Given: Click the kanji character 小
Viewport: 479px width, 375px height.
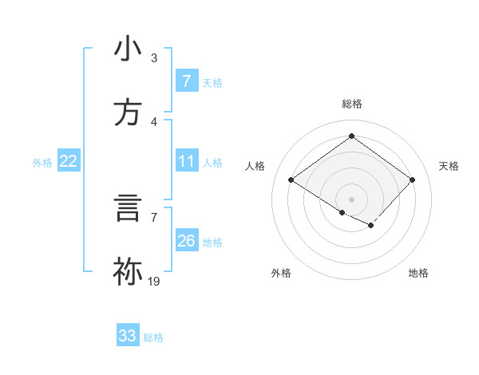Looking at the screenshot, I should [x=129, y=49].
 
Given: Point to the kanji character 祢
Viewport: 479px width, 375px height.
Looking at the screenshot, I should [x=129, y=272].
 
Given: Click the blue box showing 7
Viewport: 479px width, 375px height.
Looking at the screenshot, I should [x=186, y=81].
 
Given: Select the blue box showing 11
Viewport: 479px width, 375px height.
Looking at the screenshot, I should [x=186, y=162].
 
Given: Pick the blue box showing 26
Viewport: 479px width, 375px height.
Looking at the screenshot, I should [x=186, y=241].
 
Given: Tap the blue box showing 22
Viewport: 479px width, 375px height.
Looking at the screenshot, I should [x=69, y=162].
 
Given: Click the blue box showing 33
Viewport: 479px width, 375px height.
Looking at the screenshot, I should [x=128, y=336].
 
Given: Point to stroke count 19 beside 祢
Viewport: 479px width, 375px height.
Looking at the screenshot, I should [x=154, y=281].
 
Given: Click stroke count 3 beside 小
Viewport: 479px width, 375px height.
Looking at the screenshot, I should [x=154, y=58].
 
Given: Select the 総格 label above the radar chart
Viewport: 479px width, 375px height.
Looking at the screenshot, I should [x=352, y=104].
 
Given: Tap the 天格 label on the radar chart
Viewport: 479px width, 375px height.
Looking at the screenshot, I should [x=449, y=166].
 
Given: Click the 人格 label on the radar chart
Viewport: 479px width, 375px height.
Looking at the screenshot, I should [x=255, y=166].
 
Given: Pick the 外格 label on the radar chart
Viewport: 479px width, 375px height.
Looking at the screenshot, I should [x=281, y=273].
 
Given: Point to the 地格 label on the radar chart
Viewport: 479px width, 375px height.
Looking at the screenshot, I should [x=418, y=273].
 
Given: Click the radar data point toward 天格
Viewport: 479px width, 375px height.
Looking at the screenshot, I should [x=412, y=180].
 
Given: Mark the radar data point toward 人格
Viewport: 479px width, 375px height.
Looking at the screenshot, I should [x=291, y=180].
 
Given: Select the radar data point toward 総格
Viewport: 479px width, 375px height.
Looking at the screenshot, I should [x=351, y=136].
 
